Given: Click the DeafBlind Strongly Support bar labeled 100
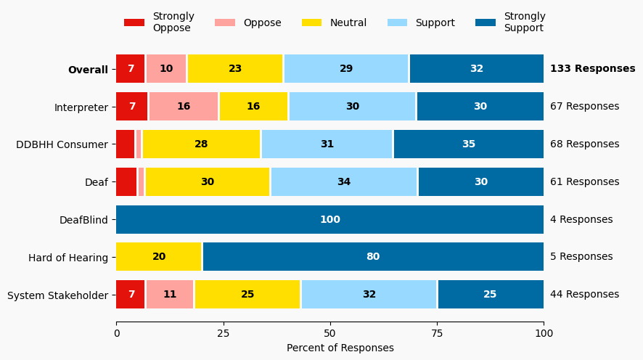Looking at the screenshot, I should coord(330,219).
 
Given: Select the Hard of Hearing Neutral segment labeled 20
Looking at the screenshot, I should coord(159,257).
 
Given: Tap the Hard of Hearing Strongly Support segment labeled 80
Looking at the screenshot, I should coord(373,257).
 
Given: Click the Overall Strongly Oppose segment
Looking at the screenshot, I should coord(131,69).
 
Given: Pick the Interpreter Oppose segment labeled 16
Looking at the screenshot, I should coord(184,107).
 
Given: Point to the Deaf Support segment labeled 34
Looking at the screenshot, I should coord(344,181).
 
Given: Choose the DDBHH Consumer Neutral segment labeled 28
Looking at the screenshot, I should coord(201,144).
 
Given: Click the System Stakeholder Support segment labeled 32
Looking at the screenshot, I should coord(369,295).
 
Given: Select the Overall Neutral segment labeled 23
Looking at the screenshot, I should coord(235,69).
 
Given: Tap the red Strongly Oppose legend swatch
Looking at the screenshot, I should coord(134,22).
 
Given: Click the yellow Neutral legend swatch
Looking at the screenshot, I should coord(312,22).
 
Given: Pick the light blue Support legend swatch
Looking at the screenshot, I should coord(398,22).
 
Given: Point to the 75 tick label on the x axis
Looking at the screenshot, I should coord(437,334).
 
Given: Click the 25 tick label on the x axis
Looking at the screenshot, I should coord(223,334).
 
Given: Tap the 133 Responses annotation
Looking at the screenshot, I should coord(592,69).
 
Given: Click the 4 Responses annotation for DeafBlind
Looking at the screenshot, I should coord(581,219).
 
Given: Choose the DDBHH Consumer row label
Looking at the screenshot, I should coord(62,144).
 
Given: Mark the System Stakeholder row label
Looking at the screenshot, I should coord(57,295).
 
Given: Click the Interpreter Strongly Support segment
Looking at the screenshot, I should coord(480,107).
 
